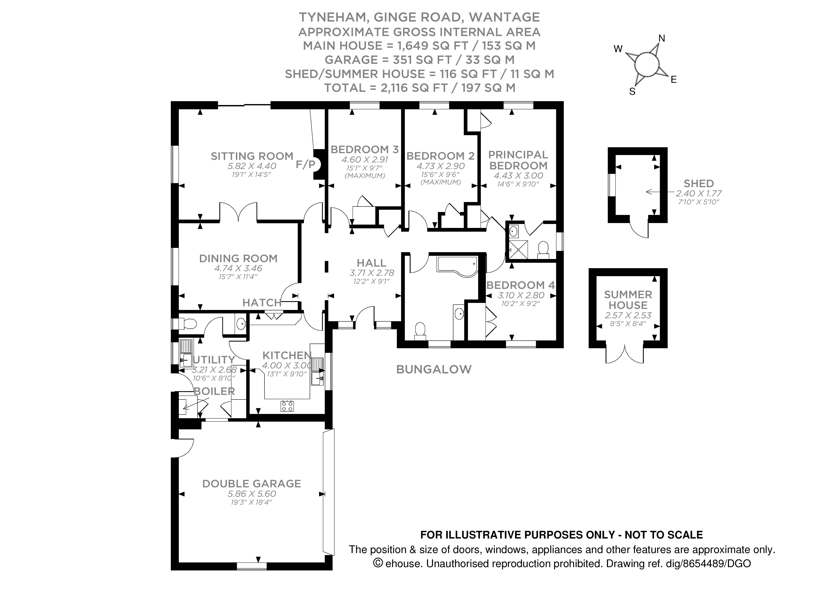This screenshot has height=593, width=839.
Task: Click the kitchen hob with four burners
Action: pyautogui.click(x=287, y=406)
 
